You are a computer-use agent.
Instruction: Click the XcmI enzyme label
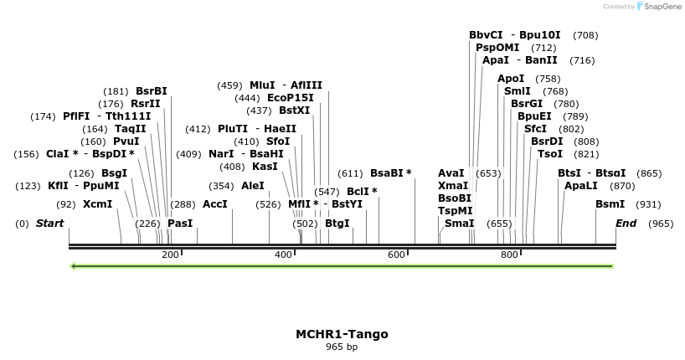point(97,204)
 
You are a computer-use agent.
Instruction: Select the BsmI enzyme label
point(610,204)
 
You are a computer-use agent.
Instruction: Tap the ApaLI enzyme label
point(581,186)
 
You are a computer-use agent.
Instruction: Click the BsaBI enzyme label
point(391,173)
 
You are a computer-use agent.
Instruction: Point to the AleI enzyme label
point(253,186)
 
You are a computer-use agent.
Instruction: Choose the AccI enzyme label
point(215,204)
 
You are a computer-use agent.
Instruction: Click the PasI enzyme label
point(180,224)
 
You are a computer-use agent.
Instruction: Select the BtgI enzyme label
point(337,224)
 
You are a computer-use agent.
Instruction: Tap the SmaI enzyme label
point(459,224)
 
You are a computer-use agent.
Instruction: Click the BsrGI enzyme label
point(528,104)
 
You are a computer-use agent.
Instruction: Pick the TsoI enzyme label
point(550,154)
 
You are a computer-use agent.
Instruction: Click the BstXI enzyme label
point(295,111)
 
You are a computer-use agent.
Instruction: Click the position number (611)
point(350,173)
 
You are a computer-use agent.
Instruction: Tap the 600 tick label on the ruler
point(396,255)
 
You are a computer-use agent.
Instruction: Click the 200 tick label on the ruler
point(170,255)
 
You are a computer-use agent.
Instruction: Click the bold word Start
point(50,224)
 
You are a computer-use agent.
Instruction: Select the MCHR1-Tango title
point(342,334)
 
